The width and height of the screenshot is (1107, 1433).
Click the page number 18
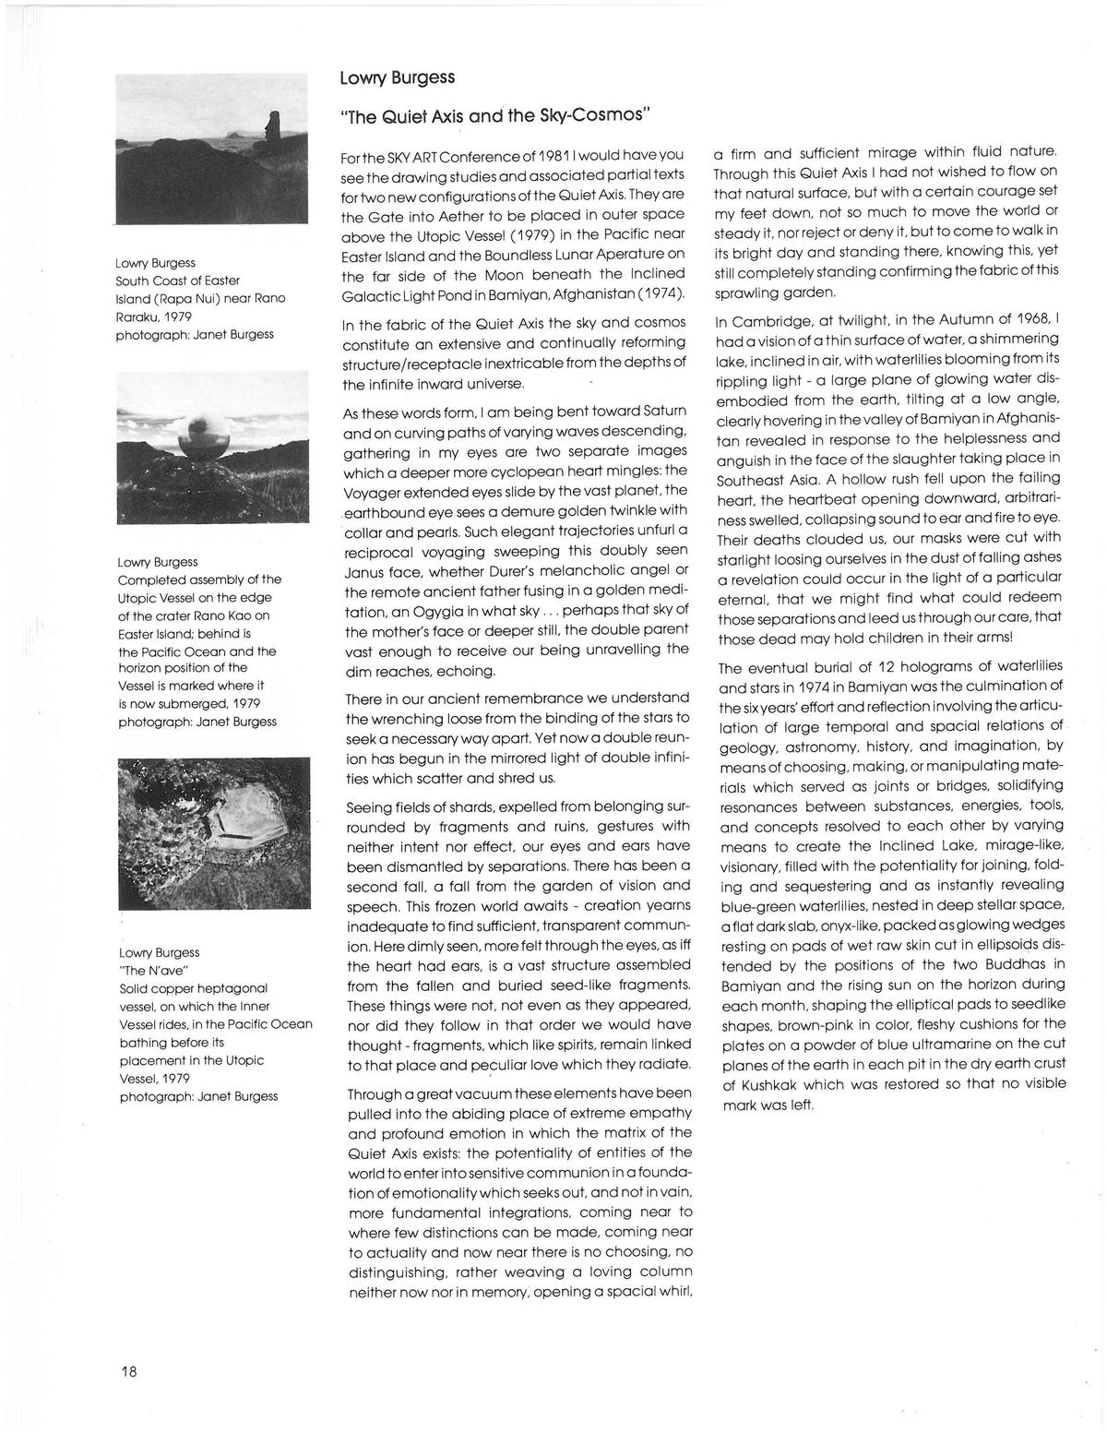pyautogui.click(x=128, y=1371)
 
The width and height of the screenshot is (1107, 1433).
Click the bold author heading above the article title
pyautogui.click(x=397, y=77)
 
